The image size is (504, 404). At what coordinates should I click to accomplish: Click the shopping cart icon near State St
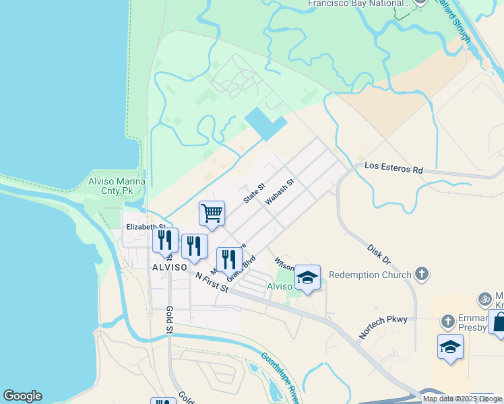coord(212,213)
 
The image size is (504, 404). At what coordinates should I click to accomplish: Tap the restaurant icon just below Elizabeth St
coord(165,240)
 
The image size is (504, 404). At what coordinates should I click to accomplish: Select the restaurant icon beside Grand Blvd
coord(229,259)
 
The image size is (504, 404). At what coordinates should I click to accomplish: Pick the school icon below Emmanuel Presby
coord(450,347)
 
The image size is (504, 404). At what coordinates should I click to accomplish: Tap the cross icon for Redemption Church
coord(421,274)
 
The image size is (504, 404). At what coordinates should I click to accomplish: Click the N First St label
coord(212,281)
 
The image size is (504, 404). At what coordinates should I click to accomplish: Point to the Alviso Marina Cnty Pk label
coord(117,187)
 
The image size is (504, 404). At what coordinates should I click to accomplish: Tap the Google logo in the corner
coord(22,396)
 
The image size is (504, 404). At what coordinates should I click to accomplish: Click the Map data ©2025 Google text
coord(462,399)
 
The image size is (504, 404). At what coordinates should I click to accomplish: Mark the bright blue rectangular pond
coord(265,123)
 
